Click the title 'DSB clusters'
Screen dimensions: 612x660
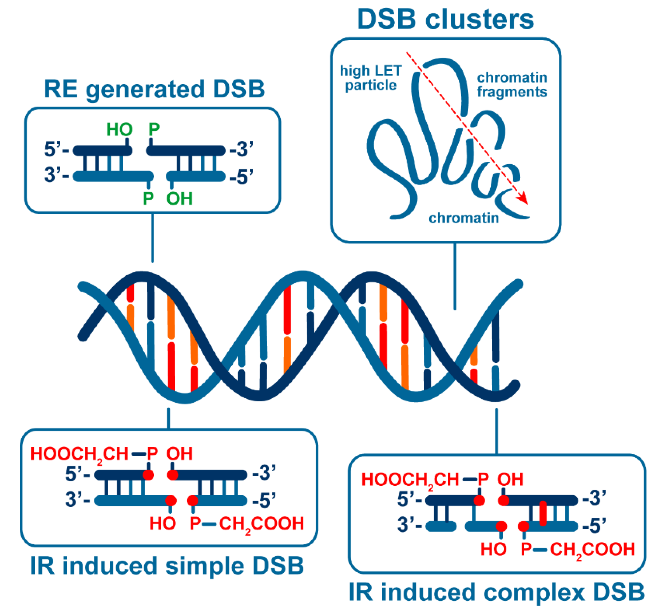445,19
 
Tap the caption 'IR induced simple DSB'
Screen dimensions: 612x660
167,565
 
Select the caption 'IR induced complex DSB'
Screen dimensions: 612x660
496,592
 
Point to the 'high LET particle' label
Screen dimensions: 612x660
371,78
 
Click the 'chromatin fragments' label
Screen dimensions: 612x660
511,85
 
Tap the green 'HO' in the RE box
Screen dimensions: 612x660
119,130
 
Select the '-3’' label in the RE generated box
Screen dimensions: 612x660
241,149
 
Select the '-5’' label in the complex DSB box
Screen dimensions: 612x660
594,526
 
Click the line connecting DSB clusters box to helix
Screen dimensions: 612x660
455,276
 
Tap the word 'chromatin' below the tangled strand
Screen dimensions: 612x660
464,218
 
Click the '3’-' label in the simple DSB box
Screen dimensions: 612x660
77,499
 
